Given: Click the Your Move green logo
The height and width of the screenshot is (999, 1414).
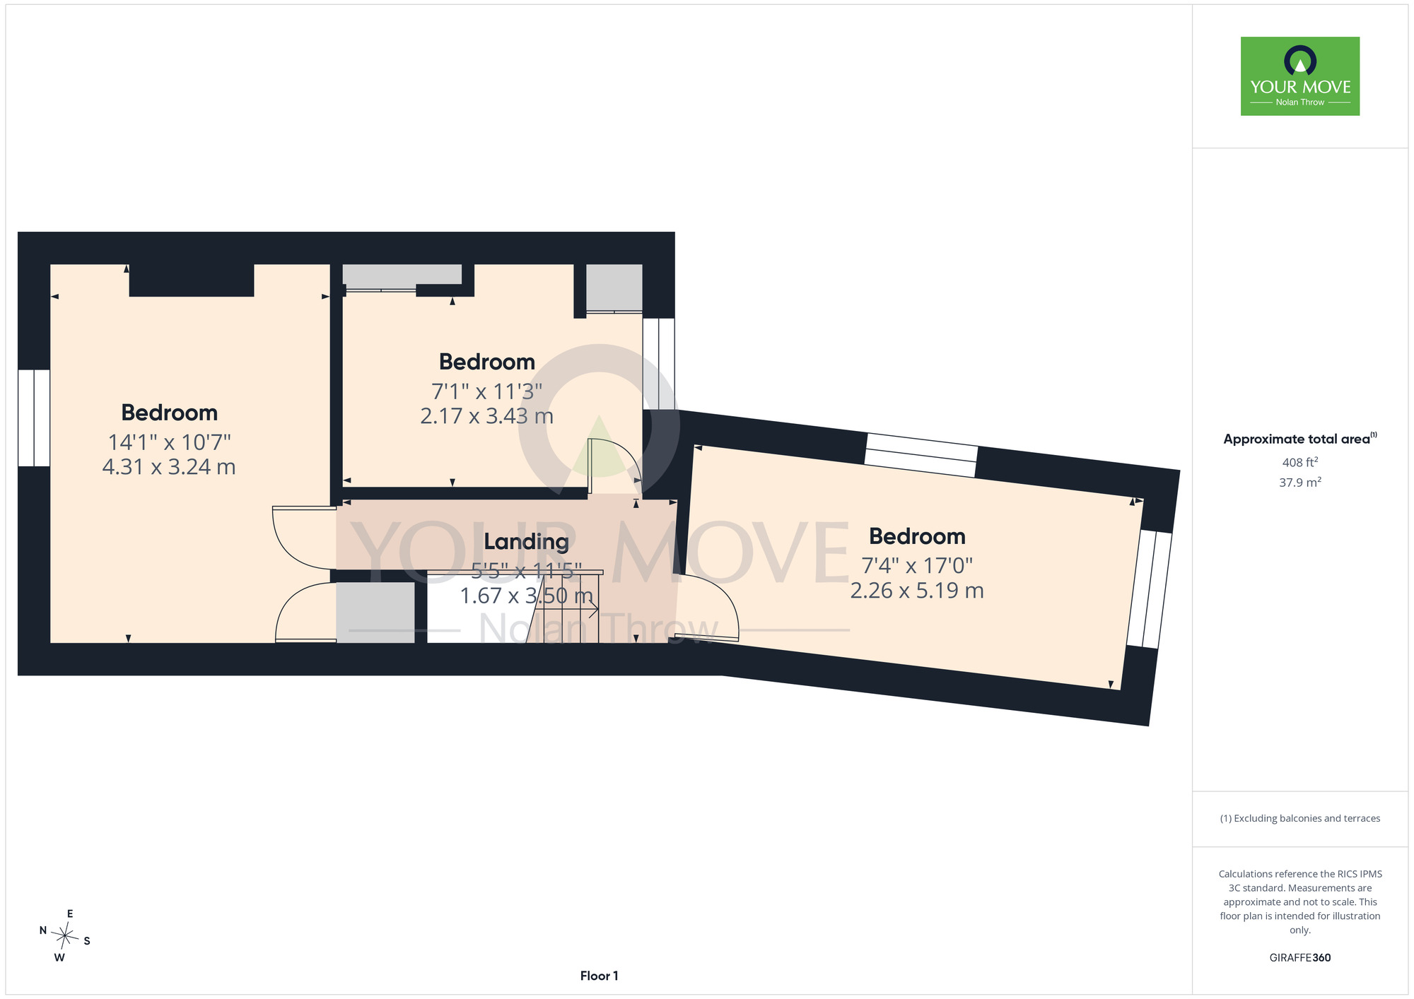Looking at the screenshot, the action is tap(1300, 76).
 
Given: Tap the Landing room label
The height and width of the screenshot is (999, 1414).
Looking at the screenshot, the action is tap(526, 542).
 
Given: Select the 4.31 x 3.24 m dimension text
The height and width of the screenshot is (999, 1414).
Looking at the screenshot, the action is tap(169, 467).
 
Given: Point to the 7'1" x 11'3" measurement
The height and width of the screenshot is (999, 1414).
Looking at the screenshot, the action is tap(487, 391).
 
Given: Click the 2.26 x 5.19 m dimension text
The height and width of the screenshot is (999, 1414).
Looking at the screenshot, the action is tap(917, 591).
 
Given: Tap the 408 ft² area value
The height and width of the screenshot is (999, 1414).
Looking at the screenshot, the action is tap(1300, 463).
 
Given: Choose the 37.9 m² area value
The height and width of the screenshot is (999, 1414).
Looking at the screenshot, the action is tap(1300, 483).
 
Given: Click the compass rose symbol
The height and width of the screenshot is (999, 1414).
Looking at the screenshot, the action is tap(65, 937).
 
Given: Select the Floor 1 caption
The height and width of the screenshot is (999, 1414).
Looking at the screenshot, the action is tap(599, 976).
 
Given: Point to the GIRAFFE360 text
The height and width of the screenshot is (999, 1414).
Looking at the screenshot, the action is tap(1300, 958).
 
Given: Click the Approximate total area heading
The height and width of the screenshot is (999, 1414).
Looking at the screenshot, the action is tap(1300, 439).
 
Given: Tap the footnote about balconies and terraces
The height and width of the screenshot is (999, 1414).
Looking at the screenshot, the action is tap(1300, 818).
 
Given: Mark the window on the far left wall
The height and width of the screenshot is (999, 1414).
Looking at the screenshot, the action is tap(34, 418).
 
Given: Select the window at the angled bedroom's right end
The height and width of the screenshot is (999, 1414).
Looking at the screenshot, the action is tap(1150, 589).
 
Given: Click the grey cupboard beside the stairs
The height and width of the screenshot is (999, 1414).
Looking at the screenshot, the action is tap(375, 612).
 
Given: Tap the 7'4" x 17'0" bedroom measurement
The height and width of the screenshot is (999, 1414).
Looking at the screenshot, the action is tap(917, 566).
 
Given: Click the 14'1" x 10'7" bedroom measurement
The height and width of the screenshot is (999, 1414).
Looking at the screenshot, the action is tap(169, 442).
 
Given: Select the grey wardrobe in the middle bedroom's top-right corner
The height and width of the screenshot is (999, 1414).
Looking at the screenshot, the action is tap(614, 288).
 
